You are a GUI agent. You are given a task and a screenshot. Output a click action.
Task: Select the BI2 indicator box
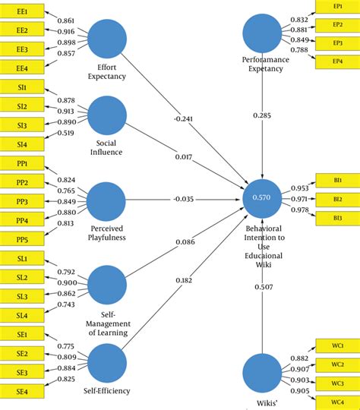[337, 199]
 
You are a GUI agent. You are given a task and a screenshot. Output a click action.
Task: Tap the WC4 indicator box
[337, 401]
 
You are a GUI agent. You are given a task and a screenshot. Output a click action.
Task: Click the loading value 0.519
[67, 133]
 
